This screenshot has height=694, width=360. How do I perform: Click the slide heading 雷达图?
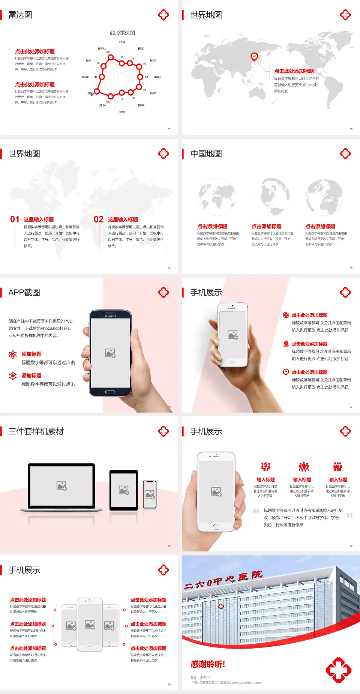(20, 15)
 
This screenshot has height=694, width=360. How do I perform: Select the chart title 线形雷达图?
(122, 33)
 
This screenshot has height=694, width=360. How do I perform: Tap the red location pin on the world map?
(254, 57)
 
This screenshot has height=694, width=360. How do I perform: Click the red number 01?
(15, 219)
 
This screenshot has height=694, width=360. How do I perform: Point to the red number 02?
(99, 219)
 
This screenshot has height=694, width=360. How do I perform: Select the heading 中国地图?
(206, 154)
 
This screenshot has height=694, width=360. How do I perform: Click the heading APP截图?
(24, 293)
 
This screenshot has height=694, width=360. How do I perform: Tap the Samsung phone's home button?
(110, 392)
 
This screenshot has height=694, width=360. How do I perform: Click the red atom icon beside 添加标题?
(13, 355)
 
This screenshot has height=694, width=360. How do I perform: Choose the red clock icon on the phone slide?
(286, 372)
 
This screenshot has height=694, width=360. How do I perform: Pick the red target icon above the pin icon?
(286, 315)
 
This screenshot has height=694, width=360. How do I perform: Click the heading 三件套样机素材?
(36, 431)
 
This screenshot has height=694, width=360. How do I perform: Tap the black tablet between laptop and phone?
(124, 490)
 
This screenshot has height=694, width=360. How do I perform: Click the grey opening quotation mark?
(256, 510)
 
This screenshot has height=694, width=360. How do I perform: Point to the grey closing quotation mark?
(349, 515)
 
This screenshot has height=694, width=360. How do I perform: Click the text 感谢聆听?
(208, 664)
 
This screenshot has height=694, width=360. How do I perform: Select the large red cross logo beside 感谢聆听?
(338, 670)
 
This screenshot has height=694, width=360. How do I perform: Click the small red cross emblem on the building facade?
(221, 606)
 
